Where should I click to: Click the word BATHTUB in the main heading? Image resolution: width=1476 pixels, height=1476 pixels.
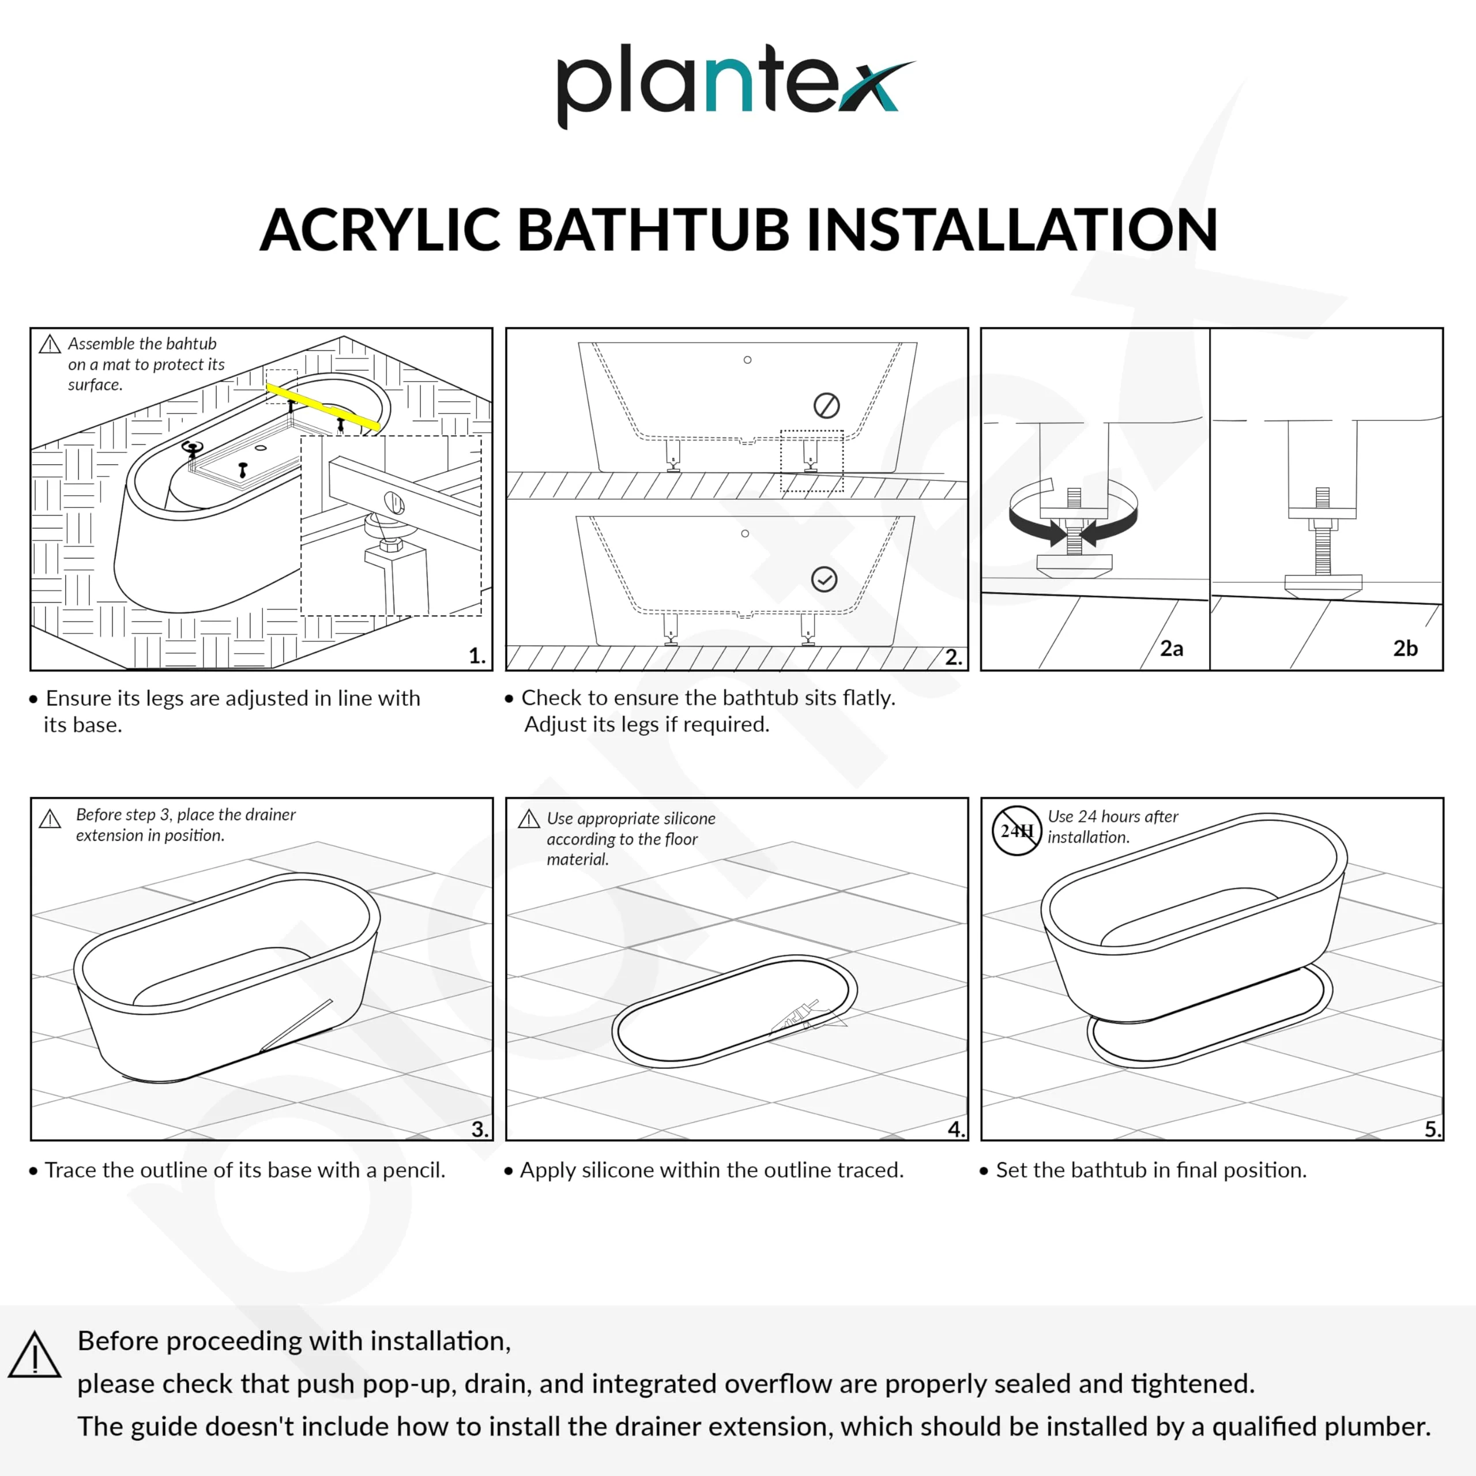click(x=653, y=229)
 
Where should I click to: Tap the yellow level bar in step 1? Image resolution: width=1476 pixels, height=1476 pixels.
click(x=322, y=407)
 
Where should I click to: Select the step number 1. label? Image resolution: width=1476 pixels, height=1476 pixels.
click(x=477, y=656)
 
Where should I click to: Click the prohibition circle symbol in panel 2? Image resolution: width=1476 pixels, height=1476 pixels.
click(x=827, y=406)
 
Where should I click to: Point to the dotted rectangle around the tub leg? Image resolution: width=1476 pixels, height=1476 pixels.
click(x=811, y=461)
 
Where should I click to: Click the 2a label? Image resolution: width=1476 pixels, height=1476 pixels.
click(x=1171, y=649)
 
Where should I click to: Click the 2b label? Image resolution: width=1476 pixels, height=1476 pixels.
click(x=1404, y=649)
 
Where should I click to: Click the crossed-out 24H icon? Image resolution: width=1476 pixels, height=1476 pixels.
click(x=1016, y=830)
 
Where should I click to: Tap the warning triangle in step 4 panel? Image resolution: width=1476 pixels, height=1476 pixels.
click(x=529, y=820)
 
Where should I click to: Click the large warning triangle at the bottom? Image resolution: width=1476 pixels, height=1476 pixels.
click(x=35, y=1355)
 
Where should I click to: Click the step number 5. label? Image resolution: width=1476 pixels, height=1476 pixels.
click(x=1432, y=1128)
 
